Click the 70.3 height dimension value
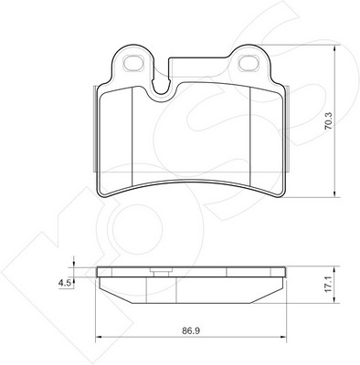point(330,121)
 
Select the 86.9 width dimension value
point(191,331)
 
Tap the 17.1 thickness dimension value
point(328,285)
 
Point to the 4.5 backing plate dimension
point(65,284)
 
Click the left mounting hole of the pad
point(132,63)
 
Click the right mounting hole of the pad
point(249,63)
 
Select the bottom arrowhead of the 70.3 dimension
point(335,193)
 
